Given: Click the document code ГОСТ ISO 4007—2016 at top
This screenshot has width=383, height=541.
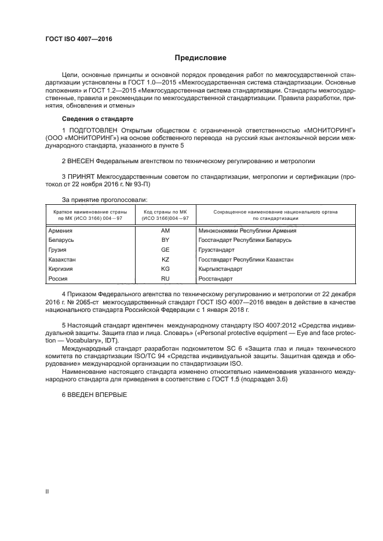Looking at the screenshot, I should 78,39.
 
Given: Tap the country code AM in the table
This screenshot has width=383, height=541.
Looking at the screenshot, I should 165,230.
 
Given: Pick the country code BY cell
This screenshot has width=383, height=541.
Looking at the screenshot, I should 165,240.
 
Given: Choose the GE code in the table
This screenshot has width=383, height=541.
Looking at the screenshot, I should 165,249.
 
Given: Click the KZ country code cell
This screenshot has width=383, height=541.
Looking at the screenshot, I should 165,259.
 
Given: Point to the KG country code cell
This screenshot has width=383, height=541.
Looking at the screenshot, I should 165,269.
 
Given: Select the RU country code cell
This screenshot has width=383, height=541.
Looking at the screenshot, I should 165,279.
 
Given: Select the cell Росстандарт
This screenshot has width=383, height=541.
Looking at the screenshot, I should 216,279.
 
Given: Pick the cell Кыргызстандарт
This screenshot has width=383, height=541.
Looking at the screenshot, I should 221,269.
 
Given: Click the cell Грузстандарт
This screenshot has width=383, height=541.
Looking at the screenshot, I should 217,249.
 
